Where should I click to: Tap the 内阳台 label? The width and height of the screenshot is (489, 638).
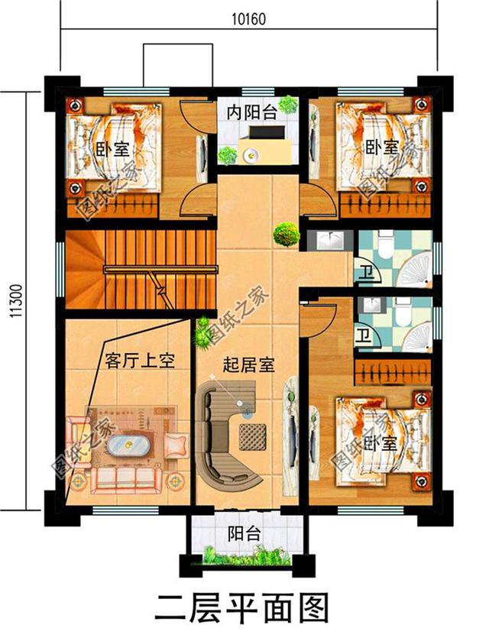(251, 112)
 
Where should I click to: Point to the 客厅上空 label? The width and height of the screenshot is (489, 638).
(136, 360)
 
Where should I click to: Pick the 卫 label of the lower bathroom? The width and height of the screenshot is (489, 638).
(365, 335)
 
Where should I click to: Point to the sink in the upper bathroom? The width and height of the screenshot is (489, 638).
(332, 241)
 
